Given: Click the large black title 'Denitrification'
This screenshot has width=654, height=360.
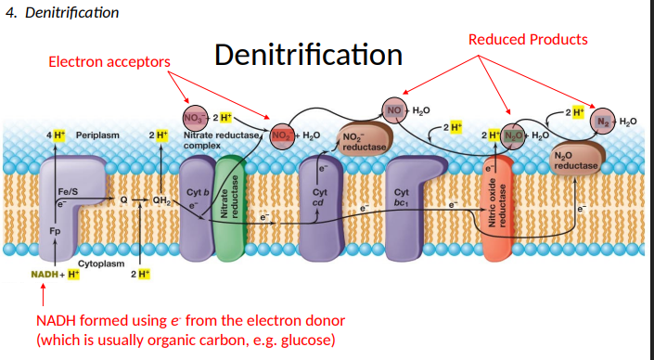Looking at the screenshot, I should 308,55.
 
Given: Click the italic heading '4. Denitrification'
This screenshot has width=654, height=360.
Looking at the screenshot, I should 61,12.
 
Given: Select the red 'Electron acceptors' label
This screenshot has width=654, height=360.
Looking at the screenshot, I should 109,61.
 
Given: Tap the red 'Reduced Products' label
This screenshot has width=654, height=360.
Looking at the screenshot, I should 527,39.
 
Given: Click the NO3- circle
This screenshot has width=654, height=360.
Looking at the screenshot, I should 195,118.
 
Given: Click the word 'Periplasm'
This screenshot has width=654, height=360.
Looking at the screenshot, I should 97,135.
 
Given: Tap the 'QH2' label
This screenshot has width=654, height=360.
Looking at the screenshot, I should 160,199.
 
